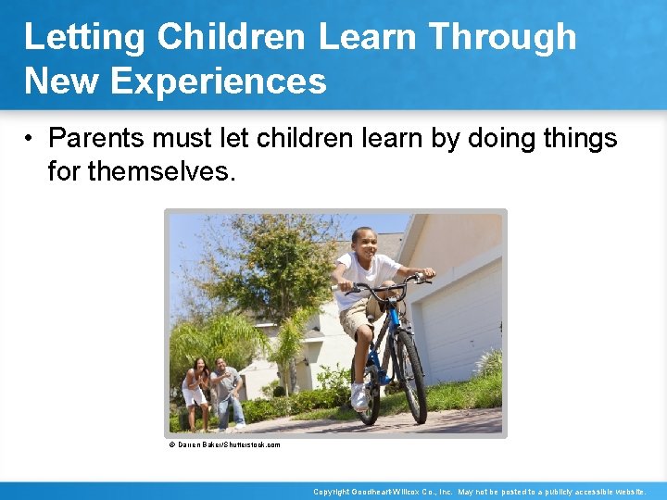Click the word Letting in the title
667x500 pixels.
tap(84, 37)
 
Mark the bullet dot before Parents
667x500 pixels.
tap(31, 140)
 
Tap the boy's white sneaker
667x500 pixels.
tap(359, 397)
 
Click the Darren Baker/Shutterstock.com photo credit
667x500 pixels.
tap(224, 444)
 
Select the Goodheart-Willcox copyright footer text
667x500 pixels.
tap(480, 492)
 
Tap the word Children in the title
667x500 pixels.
tap(232, 37)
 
